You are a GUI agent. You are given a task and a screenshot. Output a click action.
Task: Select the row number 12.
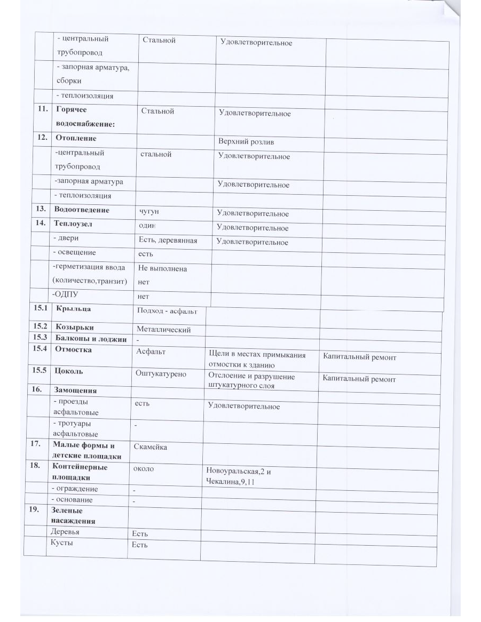pyautogui.click(x=42, y=138)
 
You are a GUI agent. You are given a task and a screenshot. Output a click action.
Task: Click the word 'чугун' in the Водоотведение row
pyautogui.click(x=149, y=211)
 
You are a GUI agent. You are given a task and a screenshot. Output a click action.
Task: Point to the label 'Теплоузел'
pyautogui.click(x=73, y=224)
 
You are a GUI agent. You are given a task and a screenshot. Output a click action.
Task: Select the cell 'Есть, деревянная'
pyautogui.click(x=167, y=241)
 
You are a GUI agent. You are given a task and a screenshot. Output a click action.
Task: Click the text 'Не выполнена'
pyautogui.click(x=162, y=269)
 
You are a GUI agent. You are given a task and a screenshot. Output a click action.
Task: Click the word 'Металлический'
pyautogui.click(x=164, y=330)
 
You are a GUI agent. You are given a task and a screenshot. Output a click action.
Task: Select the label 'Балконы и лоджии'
pyautogui.click(x=91, y=339)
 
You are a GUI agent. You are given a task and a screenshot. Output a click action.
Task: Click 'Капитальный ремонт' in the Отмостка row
pyautogui.click(x=359, y=357)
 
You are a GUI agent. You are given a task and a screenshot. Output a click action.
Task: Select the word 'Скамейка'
pyautogui.click(x=150, y=446)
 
